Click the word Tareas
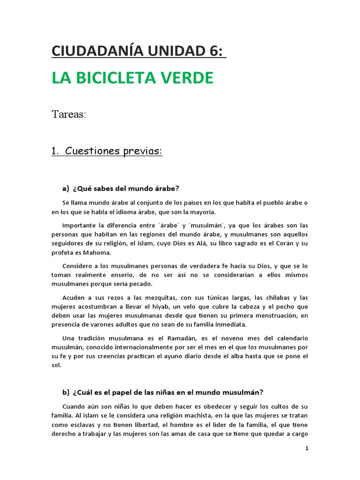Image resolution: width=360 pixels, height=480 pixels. point(68,115)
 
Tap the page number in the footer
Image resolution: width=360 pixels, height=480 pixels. point(307,448)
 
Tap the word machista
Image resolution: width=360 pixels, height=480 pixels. point(190,415)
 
